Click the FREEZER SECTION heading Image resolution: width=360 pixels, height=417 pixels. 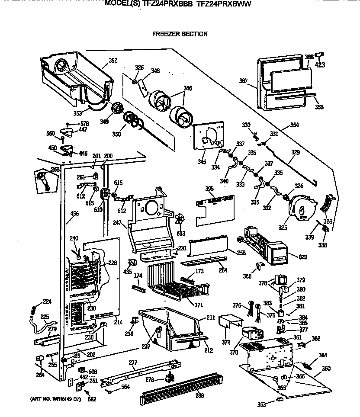[x=180, y=34]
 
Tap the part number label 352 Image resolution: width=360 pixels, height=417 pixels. [x=113, y=61]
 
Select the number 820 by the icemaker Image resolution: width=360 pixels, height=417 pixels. [x=302, y=257]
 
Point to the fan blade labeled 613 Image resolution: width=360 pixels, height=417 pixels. [x=180, y=219]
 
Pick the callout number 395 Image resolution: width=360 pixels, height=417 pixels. [x=209, y=189]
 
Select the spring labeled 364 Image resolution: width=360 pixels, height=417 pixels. [x=309, y=366]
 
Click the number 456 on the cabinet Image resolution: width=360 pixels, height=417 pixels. [x=74, y=214]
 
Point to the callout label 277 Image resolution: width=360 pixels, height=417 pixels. [x=133, y=362]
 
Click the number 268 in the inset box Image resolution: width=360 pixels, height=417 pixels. [x=55, y=169]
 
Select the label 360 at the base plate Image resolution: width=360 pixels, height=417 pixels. [x=325, y=369]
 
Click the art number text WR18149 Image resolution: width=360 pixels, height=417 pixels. [x=60, y=398]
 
